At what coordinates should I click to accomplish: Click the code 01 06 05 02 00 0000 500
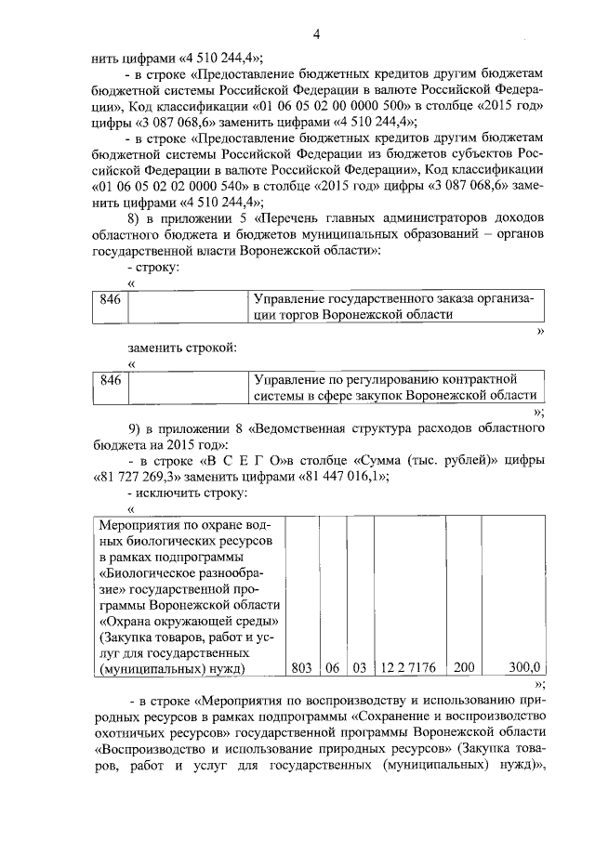click(x=303, y=106)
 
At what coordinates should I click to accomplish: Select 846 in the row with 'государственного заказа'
click(x=110, y=299)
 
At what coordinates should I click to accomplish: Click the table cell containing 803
click(x=299, y=667)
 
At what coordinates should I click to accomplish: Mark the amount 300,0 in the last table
click(x=526, y=667)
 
